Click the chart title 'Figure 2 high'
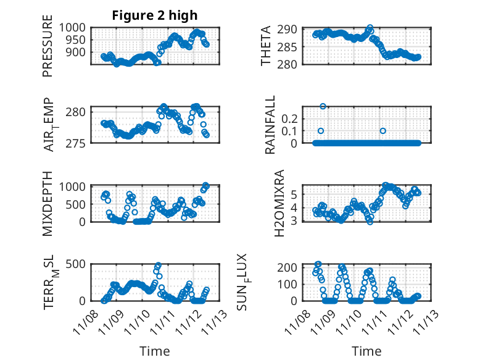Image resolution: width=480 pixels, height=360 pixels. pyautogui.click(x=155, y=16)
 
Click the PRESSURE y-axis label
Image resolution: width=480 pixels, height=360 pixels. pyautogui.click(x=48, y=51)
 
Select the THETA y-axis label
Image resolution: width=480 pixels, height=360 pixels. pyautogui.click(x=266, y=46)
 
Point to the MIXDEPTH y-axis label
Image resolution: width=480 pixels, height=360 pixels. pyautogui.click(x=48, y=203)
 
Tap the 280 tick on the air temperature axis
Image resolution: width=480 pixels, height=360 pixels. pyautogui.click(x=79, y=112)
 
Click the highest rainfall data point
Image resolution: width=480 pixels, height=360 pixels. pyautogui.click(x=323, y=106)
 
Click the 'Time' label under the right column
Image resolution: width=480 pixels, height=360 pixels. pyautogui.click(x=366, y=351)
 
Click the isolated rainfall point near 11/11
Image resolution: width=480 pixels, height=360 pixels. pyautogui.click(x=383, y=131)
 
